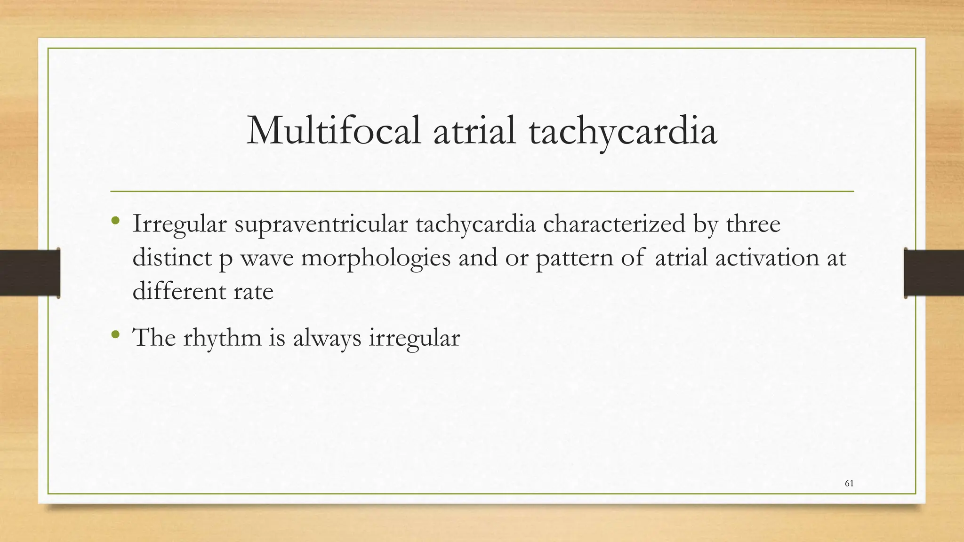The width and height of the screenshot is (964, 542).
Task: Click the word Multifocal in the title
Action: point(333,130)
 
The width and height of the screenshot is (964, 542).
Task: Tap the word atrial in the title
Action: point(474,130)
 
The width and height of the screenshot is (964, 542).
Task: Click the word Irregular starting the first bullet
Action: point(179,224)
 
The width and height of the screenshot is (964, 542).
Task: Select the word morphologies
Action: point(376,259)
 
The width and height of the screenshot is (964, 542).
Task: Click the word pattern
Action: point(574,258)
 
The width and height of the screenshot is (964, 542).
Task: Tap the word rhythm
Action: point(222,338)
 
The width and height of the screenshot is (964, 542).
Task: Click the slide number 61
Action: point(849,483)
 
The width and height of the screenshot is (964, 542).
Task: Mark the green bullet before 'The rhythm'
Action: point(115,335)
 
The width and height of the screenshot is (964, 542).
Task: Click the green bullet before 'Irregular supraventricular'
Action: point(115,221)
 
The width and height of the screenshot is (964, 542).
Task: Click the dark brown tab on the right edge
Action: point(934,273)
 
